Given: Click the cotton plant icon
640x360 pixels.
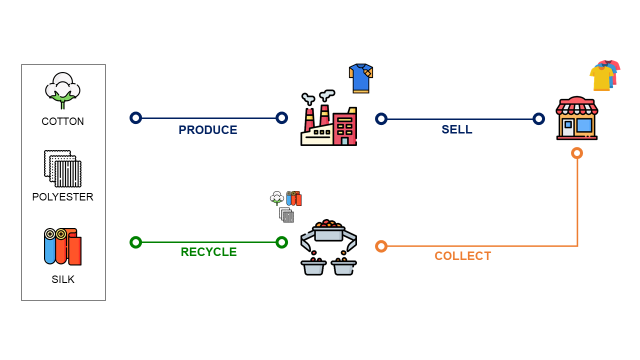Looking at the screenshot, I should pyautogui.click(x=63, y=90).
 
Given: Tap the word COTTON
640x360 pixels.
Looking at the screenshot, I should pyautogui.click(x=63, y=121).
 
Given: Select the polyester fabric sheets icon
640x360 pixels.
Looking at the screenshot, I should pyautogui.click(x=62, y=168).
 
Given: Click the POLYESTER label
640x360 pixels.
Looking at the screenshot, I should pyautogui.click(x=63, y=197).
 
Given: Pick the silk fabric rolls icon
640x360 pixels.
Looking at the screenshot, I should pyautogui.click(x=62, y=247).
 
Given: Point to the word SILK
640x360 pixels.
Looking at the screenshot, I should pyautogui.click(x=63, y=279).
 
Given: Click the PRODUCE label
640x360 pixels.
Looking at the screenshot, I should pyautogui.click(x=208, y=130).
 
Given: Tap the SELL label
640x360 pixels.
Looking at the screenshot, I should pyautogui.click(x=457, y=130).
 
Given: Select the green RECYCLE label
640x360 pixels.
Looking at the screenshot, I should pyautogui.click(x=208, y=252).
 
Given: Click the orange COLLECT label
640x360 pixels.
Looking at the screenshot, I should pyautogui.click(x=462, y=256).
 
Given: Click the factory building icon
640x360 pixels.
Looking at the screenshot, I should pyautogui.click(x=328, y=120).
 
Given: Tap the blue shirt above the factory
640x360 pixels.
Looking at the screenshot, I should pyautogui.click(x=360, y=77).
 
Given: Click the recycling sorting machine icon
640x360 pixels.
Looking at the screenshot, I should pyautogui.click(x=329, y=247).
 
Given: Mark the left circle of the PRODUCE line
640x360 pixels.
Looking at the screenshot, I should pyautogui.click(x=136, y=118).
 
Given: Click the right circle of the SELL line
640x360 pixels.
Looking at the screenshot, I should pyautogui.click(x=539, y=119).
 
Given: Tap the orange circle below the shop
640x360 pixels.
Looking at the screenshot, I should pyautogui.click(x=577, y=153).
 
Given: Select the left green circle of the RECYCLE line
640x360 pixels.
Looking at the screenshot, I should pyautogui.click(x=136, y=242).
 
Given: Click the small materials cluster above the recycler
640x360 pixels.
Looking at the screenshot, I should pyautogui.click(x=286, y=206).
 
